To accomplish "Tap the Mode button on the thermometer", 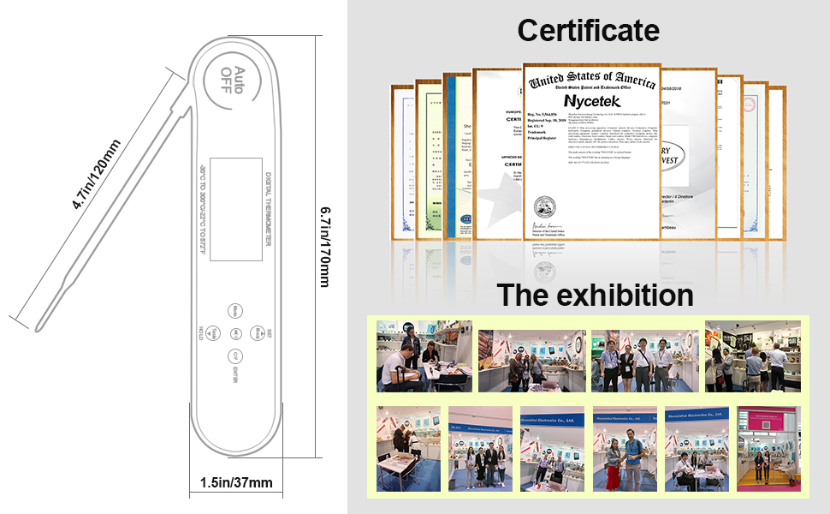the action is [235, 310].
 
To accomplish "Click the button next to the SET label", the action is [258, 332].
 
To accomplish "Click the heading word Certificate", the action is [588, 31].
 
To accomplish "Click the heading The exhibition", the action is [596, 296].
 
